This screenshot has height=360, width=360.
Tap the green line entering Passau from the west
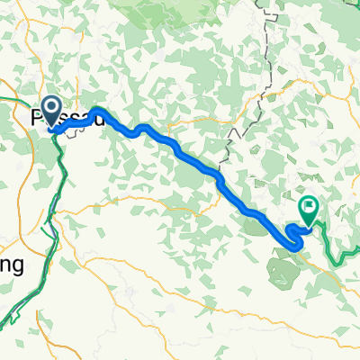pos(18,99)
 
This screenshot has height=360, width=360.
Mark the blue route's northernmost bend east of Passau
pos(95,111)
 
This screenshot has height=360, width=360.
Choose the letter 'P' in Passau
pos(39,118)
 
